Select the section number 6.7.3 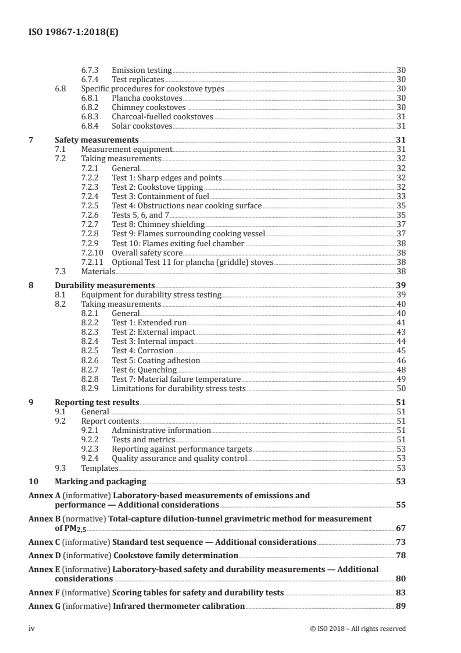point(91,70)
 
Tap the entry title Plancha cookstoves point(140,98)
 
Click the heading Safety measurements point(97,140)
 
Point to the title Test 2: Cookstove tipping point(158,187)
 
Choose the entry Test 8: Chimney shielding point(158,223)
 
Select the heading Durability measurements point(105,286)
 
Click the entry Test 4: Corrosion point(142,350)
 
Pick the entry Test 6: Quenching point(144,370)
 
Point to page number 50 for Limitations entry point(401,388)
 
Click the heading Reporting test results point(97,402)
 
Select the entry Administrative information point(161,430)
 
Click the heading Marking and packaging point(100,482)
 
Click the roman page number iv point(33,628)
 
